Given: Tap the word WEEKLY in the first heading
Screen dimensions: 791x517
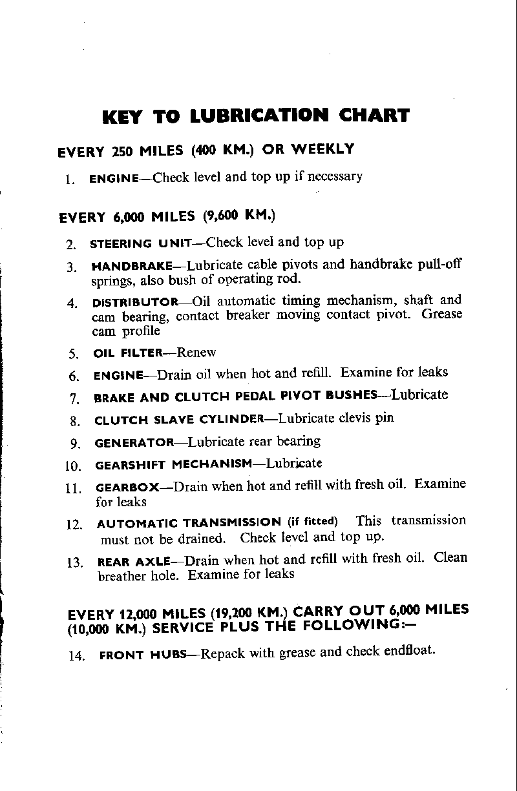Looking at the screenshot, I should tap(322, 149).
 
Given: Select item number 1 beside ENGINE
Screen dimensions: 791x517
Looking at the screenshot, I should tap(69, 180).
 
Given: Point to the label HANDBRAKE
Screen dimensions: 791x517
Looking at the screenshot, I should tap(132, 266).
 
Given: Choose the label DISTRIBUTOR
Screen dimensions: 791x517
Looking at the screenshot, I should tap(136, 302).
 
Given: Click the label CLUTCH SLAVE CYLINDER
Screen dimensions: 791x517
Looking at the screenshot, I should tap(178, 420).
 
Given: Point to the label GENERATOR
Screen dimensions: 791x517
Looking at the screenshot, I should tap(134, 444).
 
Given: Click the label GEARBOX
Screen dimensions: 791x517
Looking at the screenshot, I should tap(126, 488).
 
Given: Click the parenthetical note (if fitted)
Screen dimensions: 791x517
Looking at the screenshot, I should tap(313, 522).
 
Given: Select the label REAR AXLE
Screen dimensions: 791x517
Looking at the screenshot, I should tap(133, 562).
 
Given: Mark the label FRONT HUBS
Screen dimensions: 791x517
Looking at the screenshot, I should tap(143, 655).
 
